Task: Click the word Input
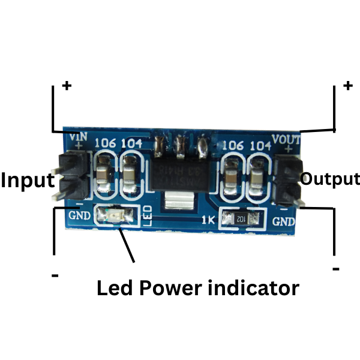tap(27, 179)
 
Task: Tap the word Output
tap(329, 179)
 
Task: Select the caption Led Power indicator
tap(197, 288)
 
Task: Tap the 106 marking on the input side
tap(106, 143)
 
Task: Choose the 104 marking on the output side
tap(260, 146)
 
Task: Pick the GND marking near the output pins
tap(284, 221)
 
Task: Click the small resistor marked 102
tap(241, 219)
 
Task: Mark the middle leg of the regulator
tap(179, 145)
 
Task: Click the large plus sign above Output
tap(347, 85)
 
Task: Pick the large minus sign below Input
tap(55, 275)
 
